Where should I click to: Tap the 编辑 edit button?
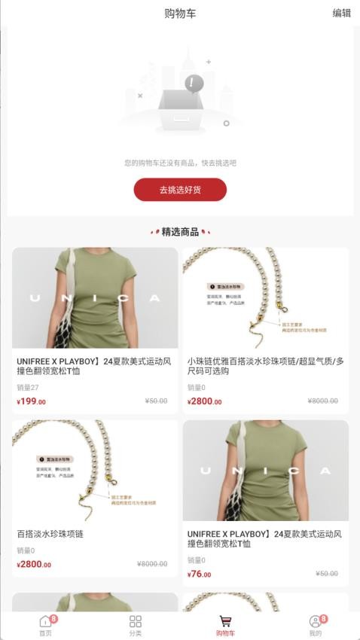[x=341, y=13]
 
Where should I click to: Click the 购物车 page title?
[x=180, y=13]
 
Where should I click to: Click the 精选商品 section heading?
[x=180, y=231]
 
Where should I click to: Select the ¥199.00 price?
[x=31, y=401]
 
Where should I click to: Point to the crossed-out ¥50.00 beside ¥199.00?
[x=156, y=401]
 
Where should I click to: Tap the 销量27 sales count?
[x=28, y=388]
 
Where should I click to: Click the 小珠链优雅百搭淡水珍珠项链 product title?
[x=265, y=366]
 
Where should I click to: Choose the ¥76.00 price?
[x=199, y=574]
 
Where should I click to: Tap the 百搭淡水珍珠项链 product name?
[x=50, y=534]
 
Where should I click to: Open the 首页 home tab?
[x=45, y=625]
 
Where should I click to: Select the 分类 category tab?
[x=136, y=625]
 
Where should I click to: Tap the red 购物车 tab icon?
[x=225, y=621]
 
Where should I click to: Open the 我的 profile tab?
[x=315, y=625]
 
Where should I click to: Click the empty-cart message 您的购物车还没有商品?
[x=180, y=163]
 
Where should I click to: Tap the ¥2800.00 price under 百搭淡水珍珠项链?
[x=34, y=564]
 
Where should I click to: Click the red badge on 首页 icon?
[x=53, y=618]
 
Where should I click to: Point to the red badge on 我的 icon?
[x=323, y=618]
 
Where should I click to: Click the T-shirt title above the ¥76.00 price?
[x=263, y=538]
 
